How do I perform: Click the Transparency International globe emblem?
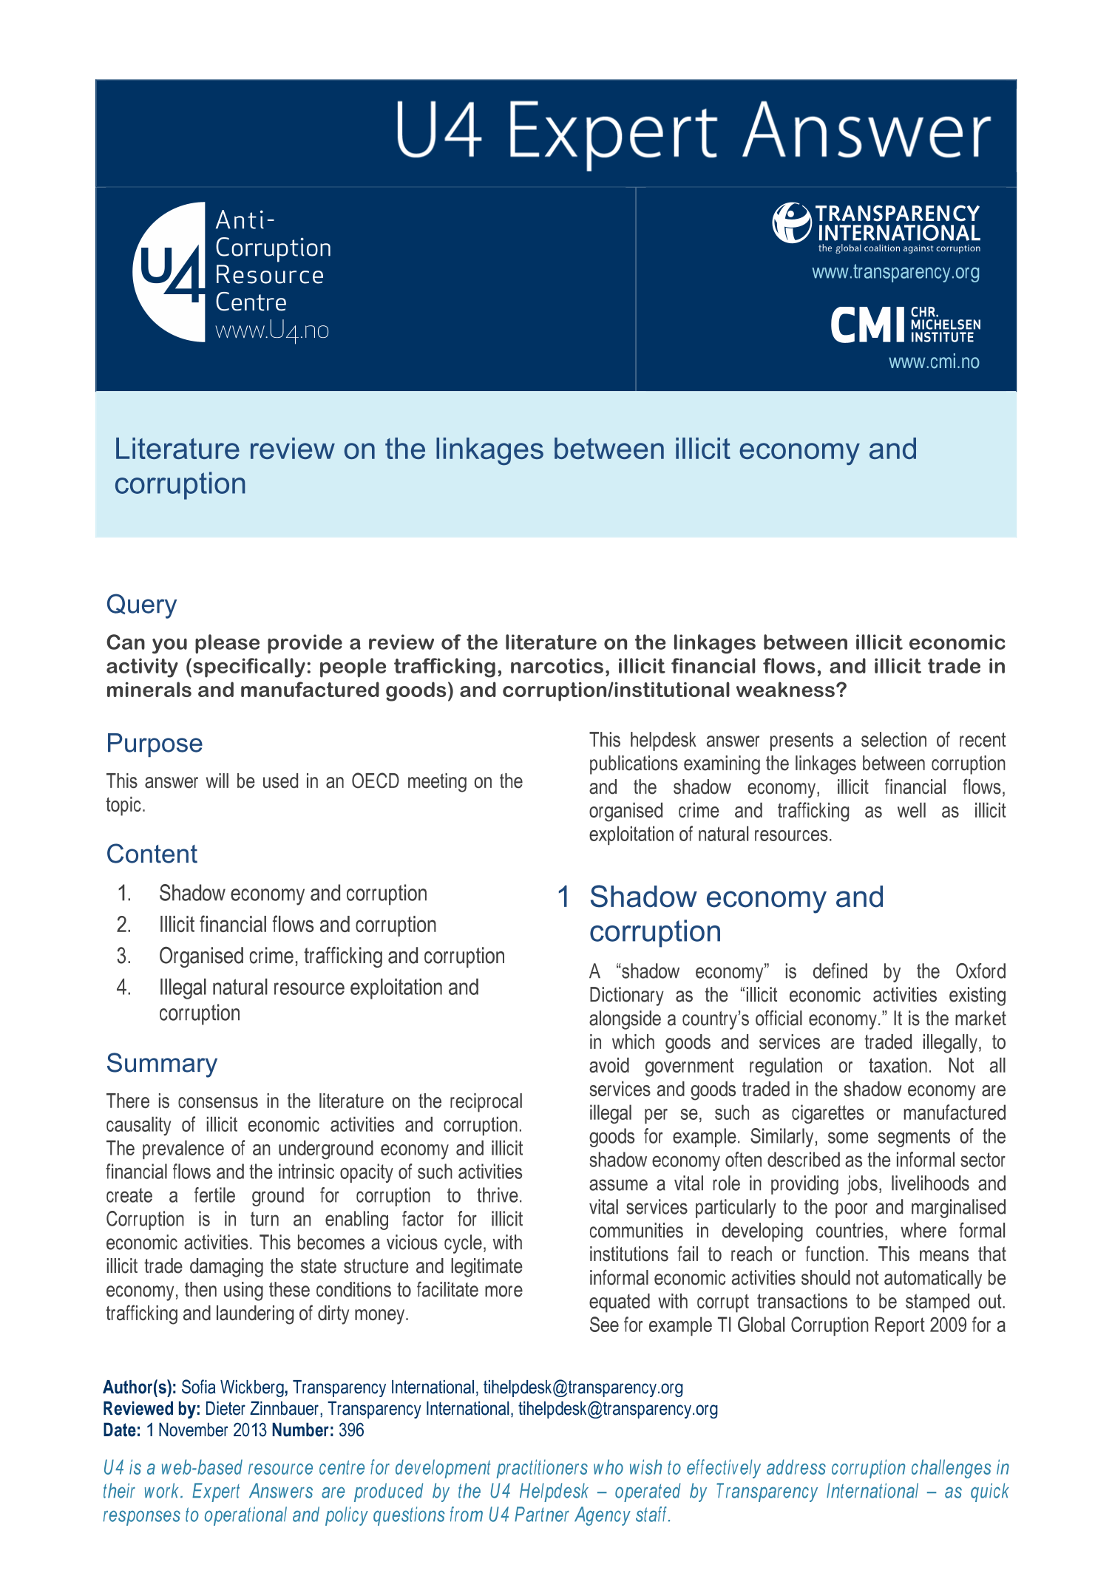[792, 222]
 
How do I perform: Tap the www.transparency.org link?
[895, 272]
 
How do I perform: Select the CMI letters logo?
[868, 325]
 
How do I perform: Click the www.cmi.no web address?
[933, 362]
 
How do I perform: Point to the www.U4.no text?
[271, 330]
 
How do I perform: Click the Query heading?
[141, 605]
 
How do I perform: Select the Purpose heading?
[154, 743]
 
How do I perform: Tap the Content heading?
[152, 854]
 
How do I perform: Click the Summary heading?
[161, 1063]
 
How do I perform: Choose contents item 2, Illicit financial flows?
[297, 925]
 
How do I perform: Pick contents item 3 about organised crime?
[331, 956]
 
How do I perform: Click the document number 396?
[351, 1430]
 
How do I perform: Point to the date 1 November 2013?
[206, 1430]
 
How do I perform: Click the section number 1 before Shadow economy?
[563, 897]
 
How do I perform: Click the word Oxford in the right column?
[980, 971]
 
